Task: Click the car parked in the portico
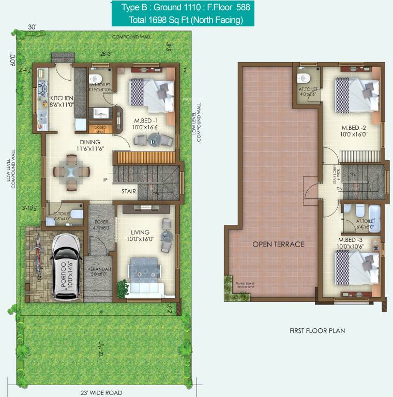click(x=65, y=267)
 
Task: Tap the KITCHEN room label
click(x=62, y=98)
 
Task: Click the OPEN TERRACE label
click(x=278, y=244)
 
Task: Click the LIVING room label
click(x=140, y=233)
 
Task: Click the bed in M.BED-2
click(x=356, y=94)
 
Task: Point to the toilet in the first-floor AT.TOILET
click(x=304, y=79)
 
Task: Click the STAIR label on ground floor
click(x=129, y=191)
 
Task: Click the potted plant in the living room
click(x=122, y=287)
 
